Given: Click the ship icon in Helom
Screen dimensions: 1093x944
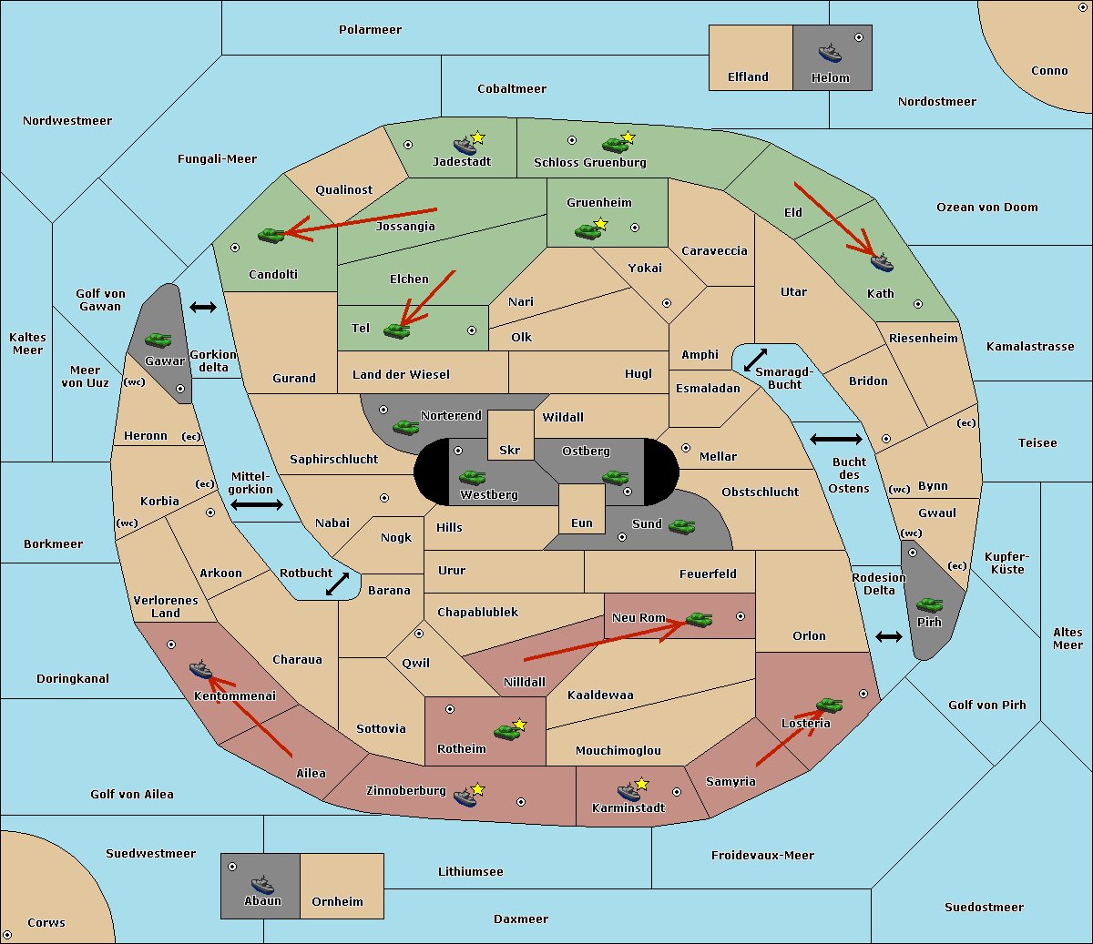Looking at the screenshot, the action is [830, 53].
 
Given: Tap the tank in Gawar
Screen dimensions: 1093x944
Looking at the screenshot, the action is [158, 340].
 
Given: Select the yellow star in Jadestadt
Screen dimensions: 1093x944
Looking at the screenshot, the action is [477, 137].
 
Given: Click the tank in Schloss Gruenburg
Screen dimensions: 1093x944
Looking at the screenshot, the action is [615, 144].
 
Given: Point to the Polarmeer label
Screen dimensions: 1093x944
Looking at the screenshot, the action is [370, 30].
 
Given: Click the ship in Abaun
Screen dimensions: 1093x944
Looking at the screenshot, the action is [262, 884].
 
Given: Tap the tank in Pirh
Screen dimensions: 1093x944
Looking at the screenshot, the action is [929, 604].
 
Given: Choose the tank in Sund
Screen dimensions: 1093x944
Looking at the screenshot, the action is [681, 526].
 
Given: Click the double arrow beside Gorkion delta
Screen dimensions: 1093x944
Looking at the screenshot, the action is [203, 307].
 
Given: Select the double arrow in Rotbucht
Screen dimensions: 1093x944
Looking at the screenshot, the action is [337, 584].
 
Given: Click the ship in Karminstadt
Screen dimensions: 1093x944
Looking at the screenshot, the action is [628, 791].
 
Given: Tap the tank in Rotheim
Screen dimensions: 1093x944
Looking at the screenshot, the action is [506, 732].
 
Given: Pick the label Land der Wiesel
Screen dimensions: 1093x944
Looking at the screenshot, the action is [401, 375].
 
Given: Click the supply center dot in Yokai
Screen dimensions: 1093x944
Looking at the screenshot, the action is [667, 303].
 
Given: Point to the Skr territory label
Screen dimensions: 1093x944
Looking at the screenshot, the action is [510, 450].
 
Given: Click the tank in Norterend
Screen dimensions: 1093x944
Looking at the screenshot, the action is [405, 427].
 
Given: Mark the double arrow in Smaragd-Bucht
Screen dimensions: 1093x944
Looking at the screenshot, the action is [755, 360].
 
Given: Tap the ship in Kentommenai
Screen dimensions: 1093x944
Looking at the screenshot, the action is [200, 669].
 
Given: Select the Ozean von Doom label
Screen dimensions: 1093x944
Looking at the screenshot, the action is [987, 208].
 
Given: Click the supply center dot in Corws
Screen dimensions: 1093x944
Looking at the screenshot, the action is [7, 935].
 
